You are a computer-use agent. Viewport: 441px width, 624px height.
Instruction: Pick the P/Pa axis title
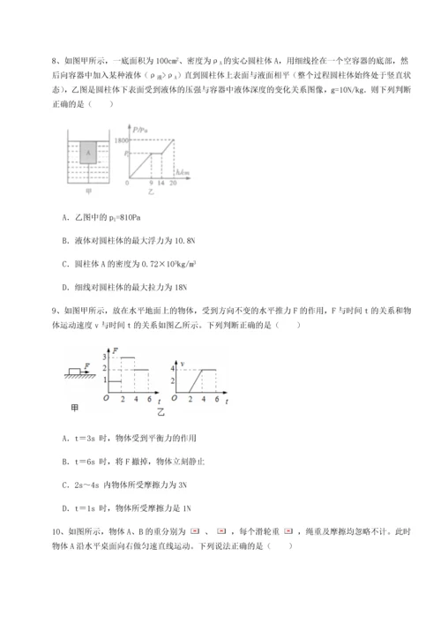coord(140,129)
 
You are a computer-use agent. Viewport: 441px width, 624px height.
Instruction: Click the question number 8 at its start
coord(55,61)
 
